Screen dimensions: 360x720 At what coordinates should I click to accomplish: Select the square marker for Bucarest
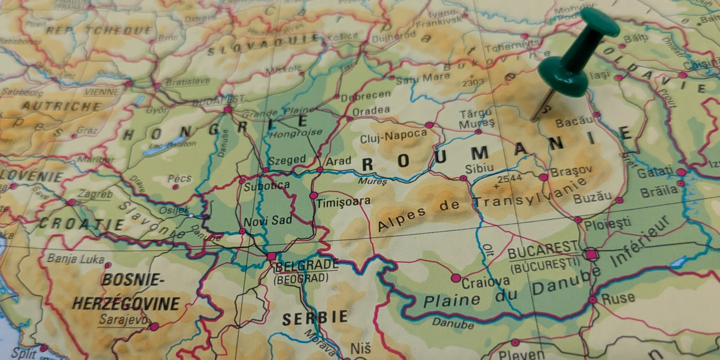click(591, 254)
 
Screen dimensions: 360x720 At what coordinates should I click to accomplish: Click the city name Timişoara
click(343, 202)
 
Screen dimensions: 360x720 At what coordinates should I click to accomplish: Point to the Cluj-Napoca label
click(393, 137)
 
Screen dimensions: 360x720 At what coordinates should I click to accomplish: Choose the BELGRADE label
click(307, 265)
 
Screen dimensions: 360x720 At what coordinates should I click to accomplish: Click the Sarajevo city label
click(122, 319)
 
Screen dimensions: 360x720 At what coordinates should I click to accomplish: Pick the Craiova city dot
click(456, 278)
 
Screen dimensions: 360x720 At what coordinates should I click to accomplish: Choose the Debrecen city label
click(365, 95)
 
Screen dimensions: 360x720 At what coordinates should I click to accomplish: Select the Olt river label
click(487, 250)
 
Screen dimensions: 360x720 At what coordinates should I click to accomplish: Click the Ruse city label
click(618, 298)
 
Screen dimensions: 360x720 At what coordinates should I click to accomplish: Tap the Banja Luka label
click(76, 259)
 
